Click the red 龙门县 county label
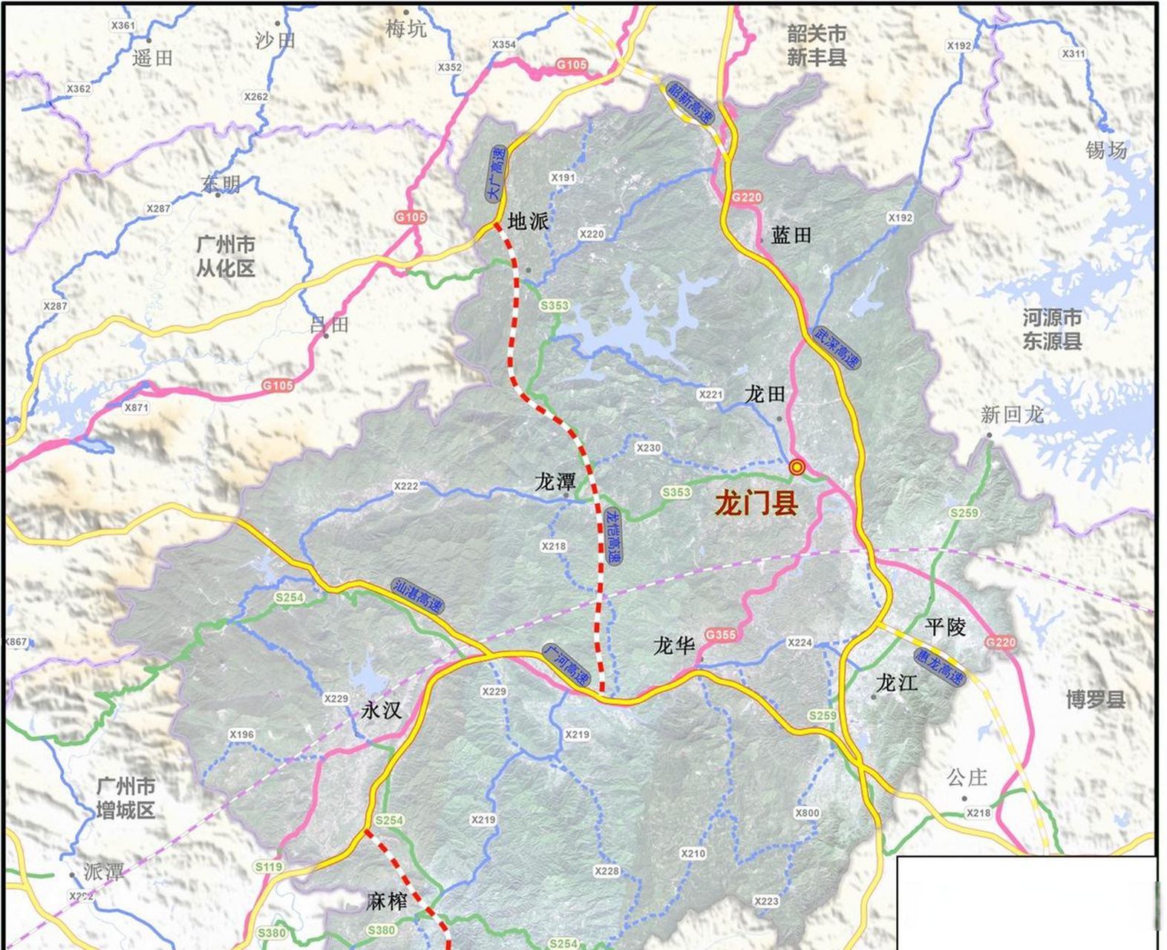[756, 503]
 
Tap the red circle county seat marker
[797, 467]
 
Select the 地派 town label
[528, 221]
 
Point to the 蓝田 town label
[791, 235]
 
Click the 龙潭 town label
[555, 482]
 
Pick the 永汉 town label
[381, 710]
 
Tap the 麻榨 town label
[387, 901]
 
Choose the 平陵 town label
[946, 627]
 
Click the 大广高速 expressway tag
[496, 173]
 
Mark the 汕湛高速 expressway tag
[417, 596]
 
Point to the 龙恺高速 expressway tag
[612, 535]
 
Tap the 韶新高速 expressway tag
[690, 102]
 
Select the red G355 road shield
[720, 635]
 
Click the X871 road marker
[136, 407]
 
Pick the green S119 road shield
[268, 867]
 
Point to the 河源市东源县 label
[1052, 330]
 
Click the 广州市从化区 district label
[226, 256]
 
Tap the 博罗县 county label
[1095, 699]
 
